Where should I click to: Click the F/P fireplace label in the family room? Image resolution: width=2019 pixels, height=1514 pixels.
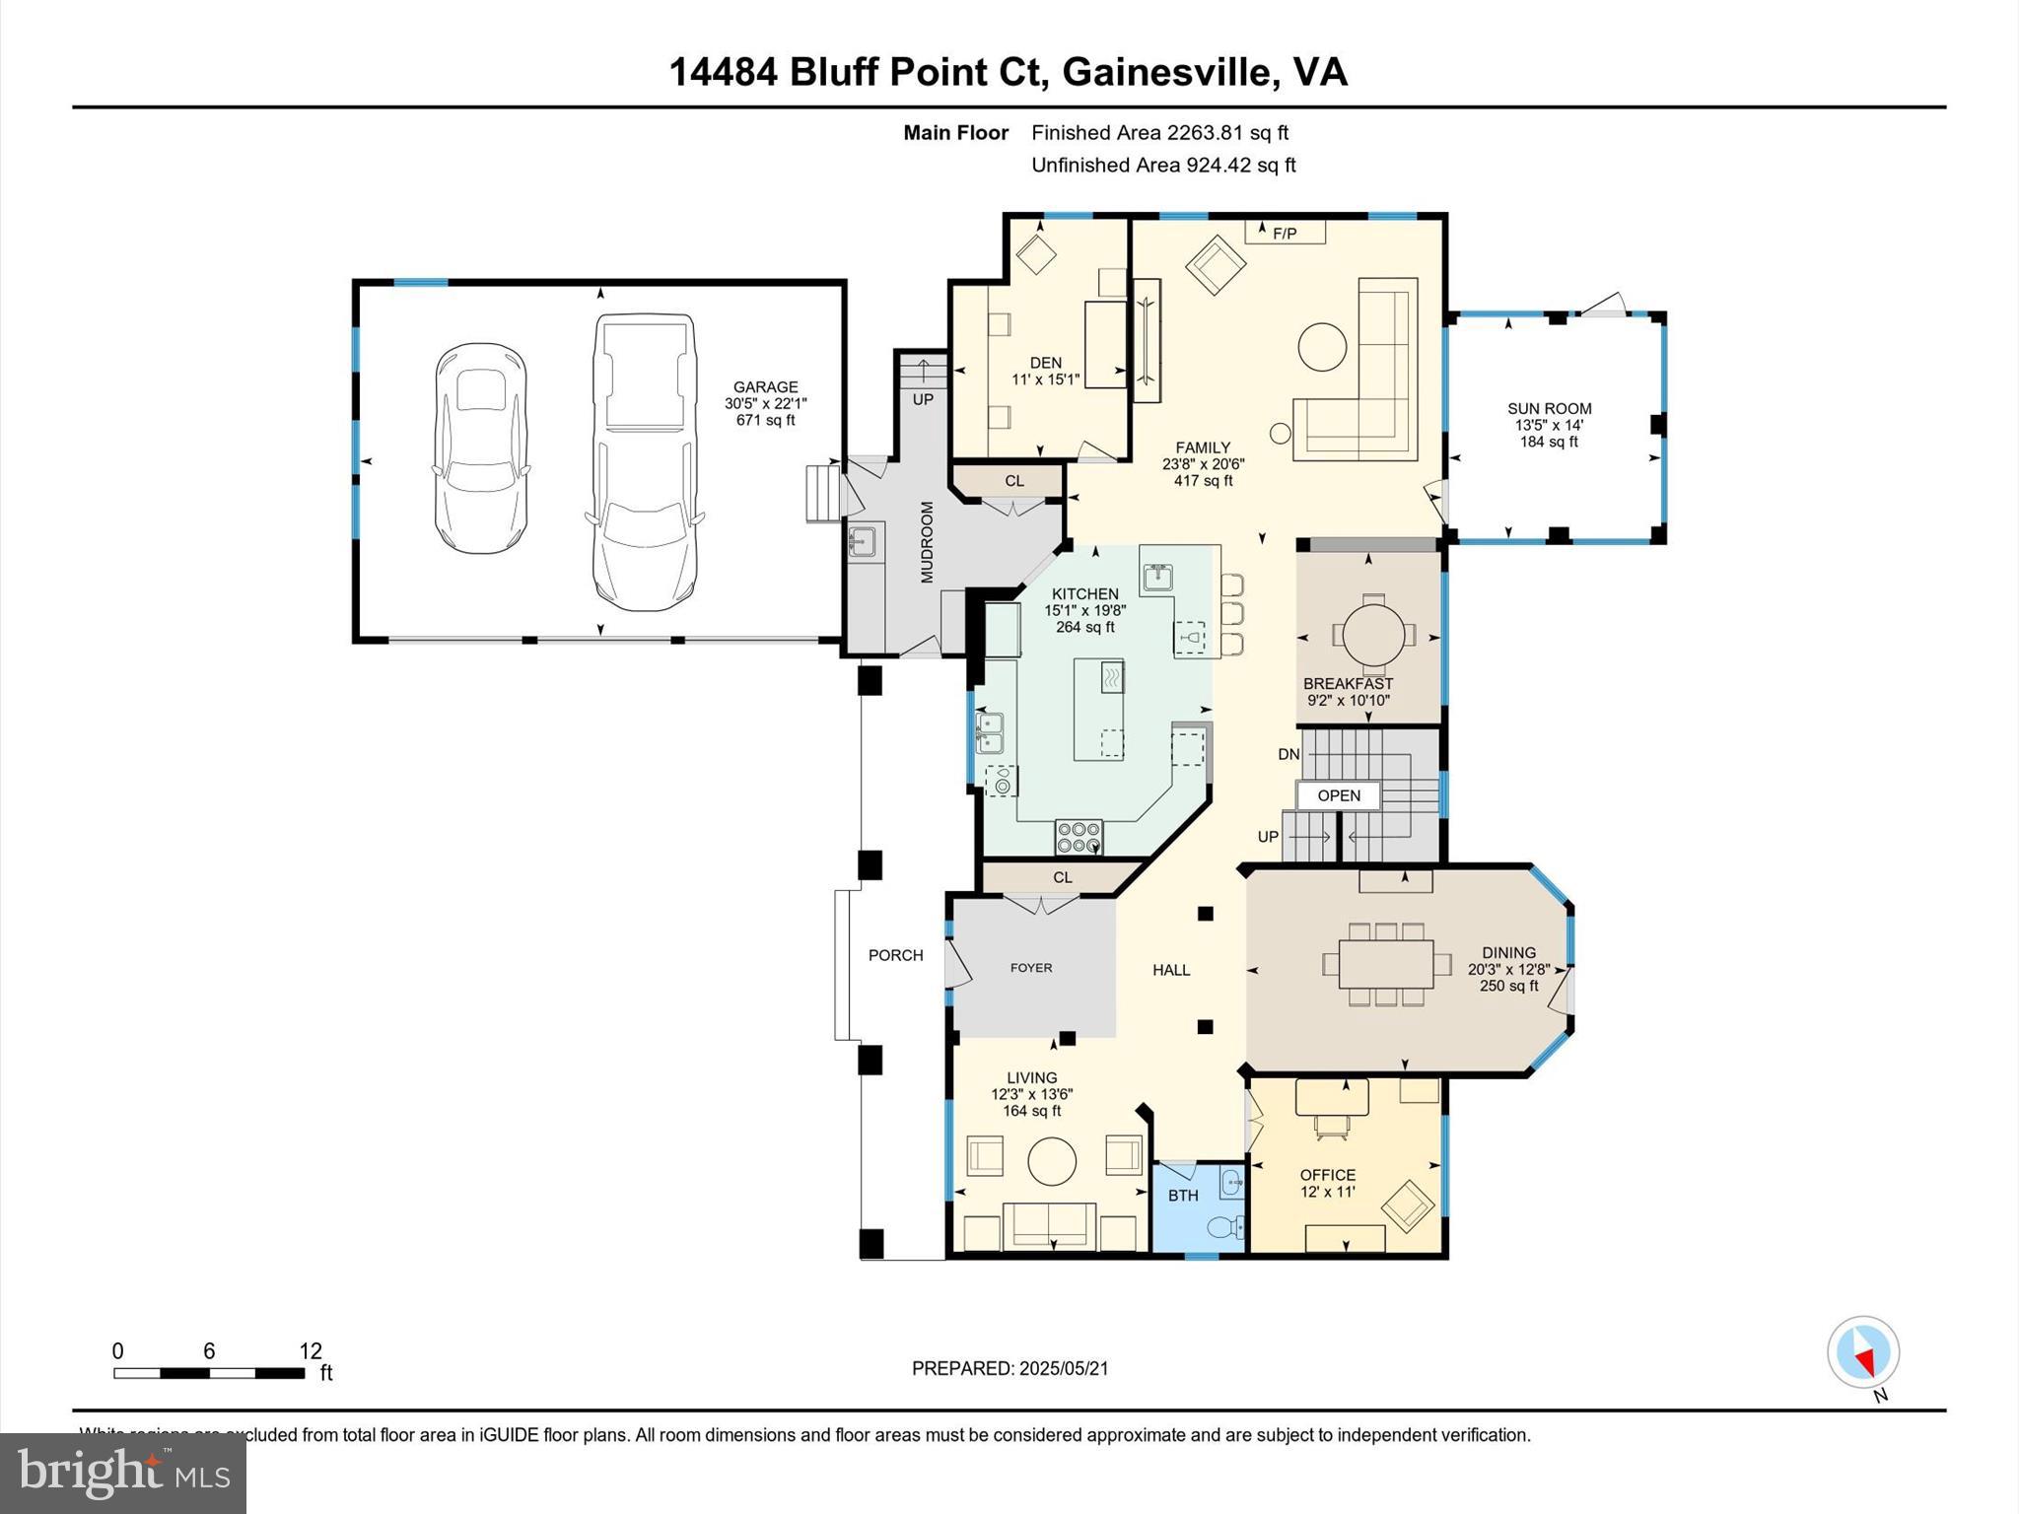pos(1285,234)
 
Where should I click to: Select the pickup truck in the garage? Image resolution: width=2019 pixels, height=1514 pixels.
pos(642,461)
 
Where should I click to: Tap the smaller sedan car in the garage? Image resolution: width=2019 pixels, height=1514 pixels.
pos(480,448)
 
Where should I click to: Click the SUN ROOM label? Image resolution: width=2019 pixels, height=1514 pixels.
pos(1549,409)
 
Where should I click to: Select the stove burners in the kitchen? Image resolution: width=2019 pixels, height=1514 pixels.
pos(1079,837)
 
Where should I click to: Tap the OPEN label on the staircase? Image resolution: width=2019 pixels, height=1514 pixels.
pos(1338,795)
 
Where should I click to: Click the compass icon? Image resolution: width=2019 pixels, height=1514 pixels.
pos(1862,1352)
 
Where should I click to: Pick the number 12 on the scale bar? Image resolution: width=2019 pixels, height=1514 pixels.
pos(311,1351)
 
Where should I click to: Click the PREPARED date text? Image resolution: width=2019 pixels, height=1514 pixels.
pos(1009,1368)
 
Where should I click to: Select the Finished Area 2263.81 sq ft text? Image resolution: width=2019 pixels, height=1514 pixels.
pos(1159,133)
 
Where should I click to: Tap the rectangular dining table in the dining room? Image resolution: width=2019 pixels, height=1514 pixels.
pos(1385,964)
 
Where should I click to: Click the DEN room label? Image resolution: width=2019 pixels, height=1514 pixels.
pos(1045,363)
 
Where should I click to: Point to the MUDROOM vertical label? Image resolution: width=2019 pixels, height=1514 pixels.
pos(927,542)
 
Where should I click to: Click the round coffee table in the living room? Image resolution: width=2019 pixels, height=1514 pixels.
pos(1052,1162)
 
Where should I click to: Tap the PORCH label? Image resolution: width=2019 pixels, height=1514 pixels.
pos(895,955)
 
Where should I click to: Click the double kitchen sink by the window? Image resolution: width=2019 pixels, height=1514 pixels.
pos(990,733)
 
